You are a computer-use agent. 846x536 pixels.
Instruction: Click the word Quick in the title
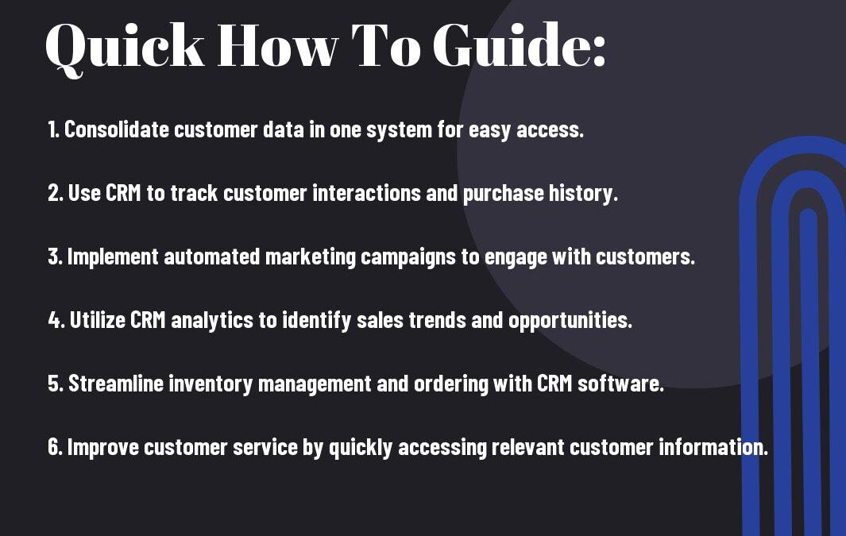[125, 48]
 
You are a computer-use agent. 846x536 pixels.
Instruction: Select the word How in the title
[278, 45]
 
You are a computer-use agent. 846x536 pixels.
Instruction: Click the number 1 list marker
[53, 129]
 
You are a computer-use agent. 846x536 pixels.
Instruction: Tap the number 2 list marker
[56, 193]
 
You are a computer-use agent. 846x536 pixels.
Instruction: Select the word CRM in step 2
[123, 193]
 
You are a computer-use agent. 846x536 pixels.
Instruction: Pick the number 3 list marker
[55, 256]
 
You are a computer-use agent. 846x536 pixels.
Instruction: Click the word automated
[212, 256]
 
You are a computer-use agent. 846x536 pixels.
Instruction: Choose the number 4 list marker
[56, 320]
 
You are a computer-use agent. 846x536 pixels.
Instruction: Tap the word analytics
[212, 321]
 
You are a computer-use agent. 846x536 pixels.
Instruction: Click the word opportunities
[570, 321]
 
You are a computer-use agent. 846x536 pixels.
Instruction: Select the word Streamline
[116, 384]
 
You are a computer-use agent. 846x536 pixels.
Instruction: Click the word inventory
[211, 384]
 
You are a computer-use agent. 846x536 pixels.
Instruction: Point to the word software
[620, 384]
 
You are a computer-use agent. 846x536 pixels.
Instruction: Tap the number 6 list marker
[55, 447]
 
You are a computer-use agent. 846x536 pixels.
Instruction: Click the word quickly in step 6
[361, 448]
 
